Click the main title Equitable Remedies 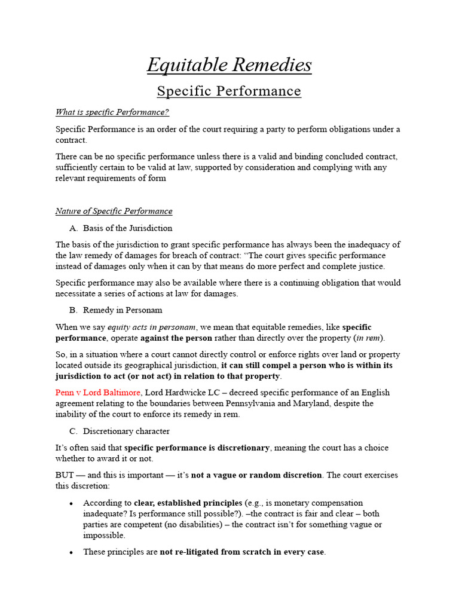coord(229,65)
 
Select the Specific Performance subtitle coord(229,91)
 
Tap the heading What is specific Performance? coord(112,112)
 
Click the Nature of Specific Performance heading coord(114,211)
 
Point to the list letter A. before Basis coord(74,228)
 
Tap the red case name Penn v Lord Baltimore coord(99,393)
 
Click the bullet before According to coord(71,503)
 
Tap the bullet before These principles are coord(71,553)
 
